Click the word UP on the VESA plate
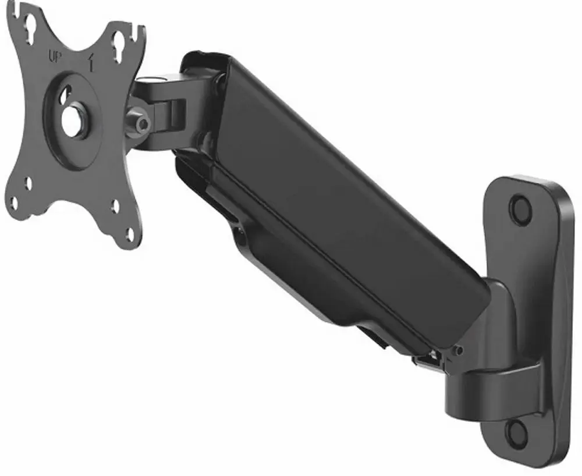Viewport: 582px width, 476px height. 54,58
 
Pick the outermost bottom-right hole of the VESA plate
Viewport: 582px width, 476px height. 129,235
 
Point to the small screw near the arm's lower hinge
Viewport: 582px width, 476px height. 460,350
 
